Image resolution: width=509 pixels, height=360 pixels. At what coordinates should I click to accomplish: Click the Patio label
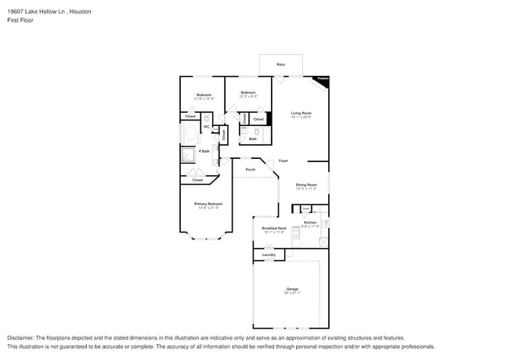click(281, 64)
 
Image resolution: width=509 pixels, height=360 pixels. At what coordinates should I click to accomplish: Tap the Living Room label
click(301, 113)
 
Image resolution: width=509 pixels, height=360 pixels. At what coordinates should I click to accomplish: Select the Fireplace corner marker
click(322, 79)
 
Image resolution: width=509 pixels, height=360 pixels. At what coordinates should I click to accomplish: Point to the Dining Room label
click(306, 185)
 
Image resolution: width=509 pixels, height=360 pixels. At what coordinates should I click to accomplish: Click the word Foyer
click(283, 160)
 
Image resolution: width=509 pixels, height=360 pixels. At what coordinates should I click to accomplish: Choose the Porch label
click(251, 169)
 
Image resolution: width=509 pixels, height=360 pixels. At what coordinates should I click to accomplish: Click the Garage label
click(291, 289)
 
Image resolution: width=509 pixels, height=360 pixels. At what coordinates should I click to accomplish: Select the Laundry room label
click(269, 254)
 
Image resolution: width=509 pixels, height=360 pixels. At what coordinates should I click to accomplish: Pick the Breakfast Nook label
click(274, 229)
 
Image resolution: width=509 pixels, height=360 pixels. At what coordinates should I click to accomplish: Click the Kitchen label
click(309, 223)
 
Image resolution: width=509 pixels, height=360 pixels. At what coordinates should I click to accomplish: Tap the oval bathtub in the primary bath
click(190, 134)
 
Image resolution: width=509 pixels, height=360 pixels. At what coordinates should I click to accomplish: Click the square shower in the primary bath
click(189, 155)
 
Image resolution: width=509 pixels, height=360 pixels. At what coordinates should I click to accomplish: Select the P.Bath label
click(204, 151)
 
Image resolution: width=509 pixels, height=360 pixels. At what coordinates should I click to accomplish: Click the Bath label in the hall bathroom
click(253, 139)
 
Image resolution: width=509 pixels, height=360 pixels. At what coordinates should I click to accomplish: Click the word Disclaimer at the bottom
click(23, 337)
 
